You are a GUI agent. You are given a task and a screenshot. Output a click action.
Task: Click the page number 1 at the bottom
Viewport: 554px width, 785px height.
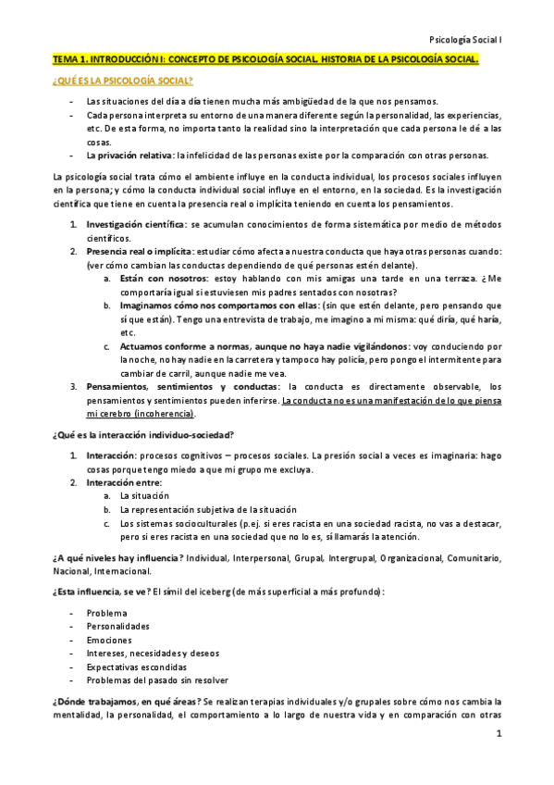click(498, 735)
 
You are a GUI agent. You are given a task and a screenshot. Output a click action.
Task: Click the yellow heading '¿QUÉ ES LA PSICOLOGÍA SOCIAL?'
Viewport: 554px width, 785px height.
click(122, 81)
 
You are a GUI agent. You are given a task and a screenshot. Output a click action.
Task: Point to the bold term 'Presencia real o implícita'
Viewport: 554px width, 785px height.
click(139, 252)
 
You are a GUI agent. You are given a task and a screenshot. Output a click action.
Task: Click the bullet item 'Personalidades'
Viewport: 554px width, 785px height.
click(117, 627)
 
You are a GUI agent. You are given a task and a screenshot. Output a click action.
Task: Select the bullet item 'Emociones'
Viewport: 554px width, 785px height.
click(109, 640)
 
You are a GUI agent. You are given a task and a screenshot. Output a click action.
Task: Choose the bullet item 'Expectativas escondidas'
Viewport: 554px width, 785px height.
click(136, 667)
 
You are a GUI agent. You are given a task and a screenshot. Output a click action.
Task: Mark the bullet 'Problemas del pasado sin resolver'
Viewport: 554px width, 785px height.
click(156, 679)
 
